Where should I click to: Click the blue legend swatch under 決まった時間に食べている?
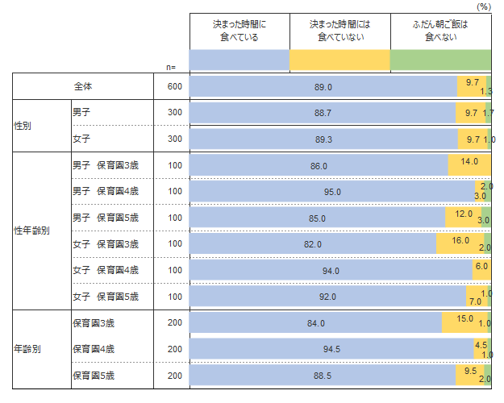point(240,60)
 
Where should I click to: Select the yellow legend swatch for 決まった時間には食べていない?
point(339,60)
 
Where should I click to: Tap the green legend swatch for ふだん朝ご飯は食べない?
point(440,60)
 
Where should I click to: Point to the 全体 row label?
point(83,86)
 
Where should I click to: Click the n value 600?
point(175,86)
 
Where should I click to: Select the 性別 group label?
point(23,126)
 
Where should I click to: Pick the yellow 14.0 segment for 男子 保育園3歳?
point(469,164)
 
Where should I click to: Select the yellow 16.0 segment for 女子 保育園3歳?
point(460,243)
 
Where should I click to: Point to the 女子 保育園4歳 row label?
point(106,270)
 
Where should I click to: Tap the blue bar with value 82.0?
point(313,243)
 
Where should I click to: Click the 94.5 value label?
point(331,349)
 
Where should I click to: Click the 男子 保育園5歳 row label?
point(106,218)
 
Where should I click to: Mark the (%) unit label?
point(483,6)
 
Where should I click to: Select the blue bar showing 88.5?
point(323,376)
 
